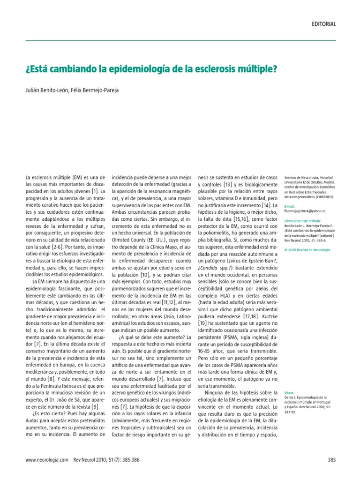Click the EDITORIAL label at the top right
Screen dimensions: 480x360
(323, 24)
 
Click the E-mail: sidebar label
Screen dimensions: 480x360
(291, 206)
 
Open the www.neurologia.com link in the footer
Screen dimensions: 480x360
(47, 460)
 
